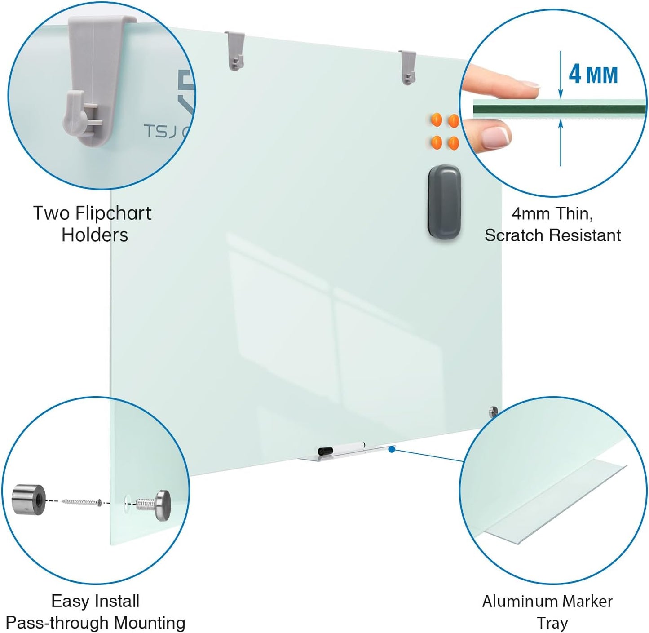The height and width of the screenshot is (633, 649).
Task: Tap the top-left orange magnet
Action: pyautogui.click(x=436, y=120)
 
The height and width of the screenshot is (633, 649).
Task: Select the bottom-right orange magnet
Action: pyautogui.click(x=453, y=143)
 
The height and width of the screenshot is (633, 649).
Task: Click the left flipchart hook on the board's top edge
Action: pyautogui.click(x=235, y=50)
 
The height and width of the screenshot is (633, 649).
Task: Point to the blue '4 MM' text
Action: pyautogui.click(x=593, y=75)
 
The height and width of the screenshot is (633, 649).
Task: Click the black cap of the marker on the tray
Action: pyautogui.click(x=325, y=451)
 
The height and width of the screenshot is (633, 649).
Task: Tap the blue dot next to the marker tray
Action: pyautogui.click(x=392, y=449)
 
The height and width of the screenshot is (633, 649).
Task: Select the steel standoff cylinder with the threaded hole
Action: pyautogui.click(x=29, y=499)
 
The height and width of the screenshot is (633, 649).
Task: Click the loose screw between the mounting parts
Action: pyautogui.click(x=81, y=501)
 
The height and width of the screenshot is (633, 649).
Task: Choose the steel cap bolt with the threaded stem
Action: pyautogui.click(x=155, y=505)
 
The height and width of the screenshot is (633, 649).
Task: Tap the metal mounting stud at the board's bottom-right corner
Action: pyautogui.click(x=493, y=412)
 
